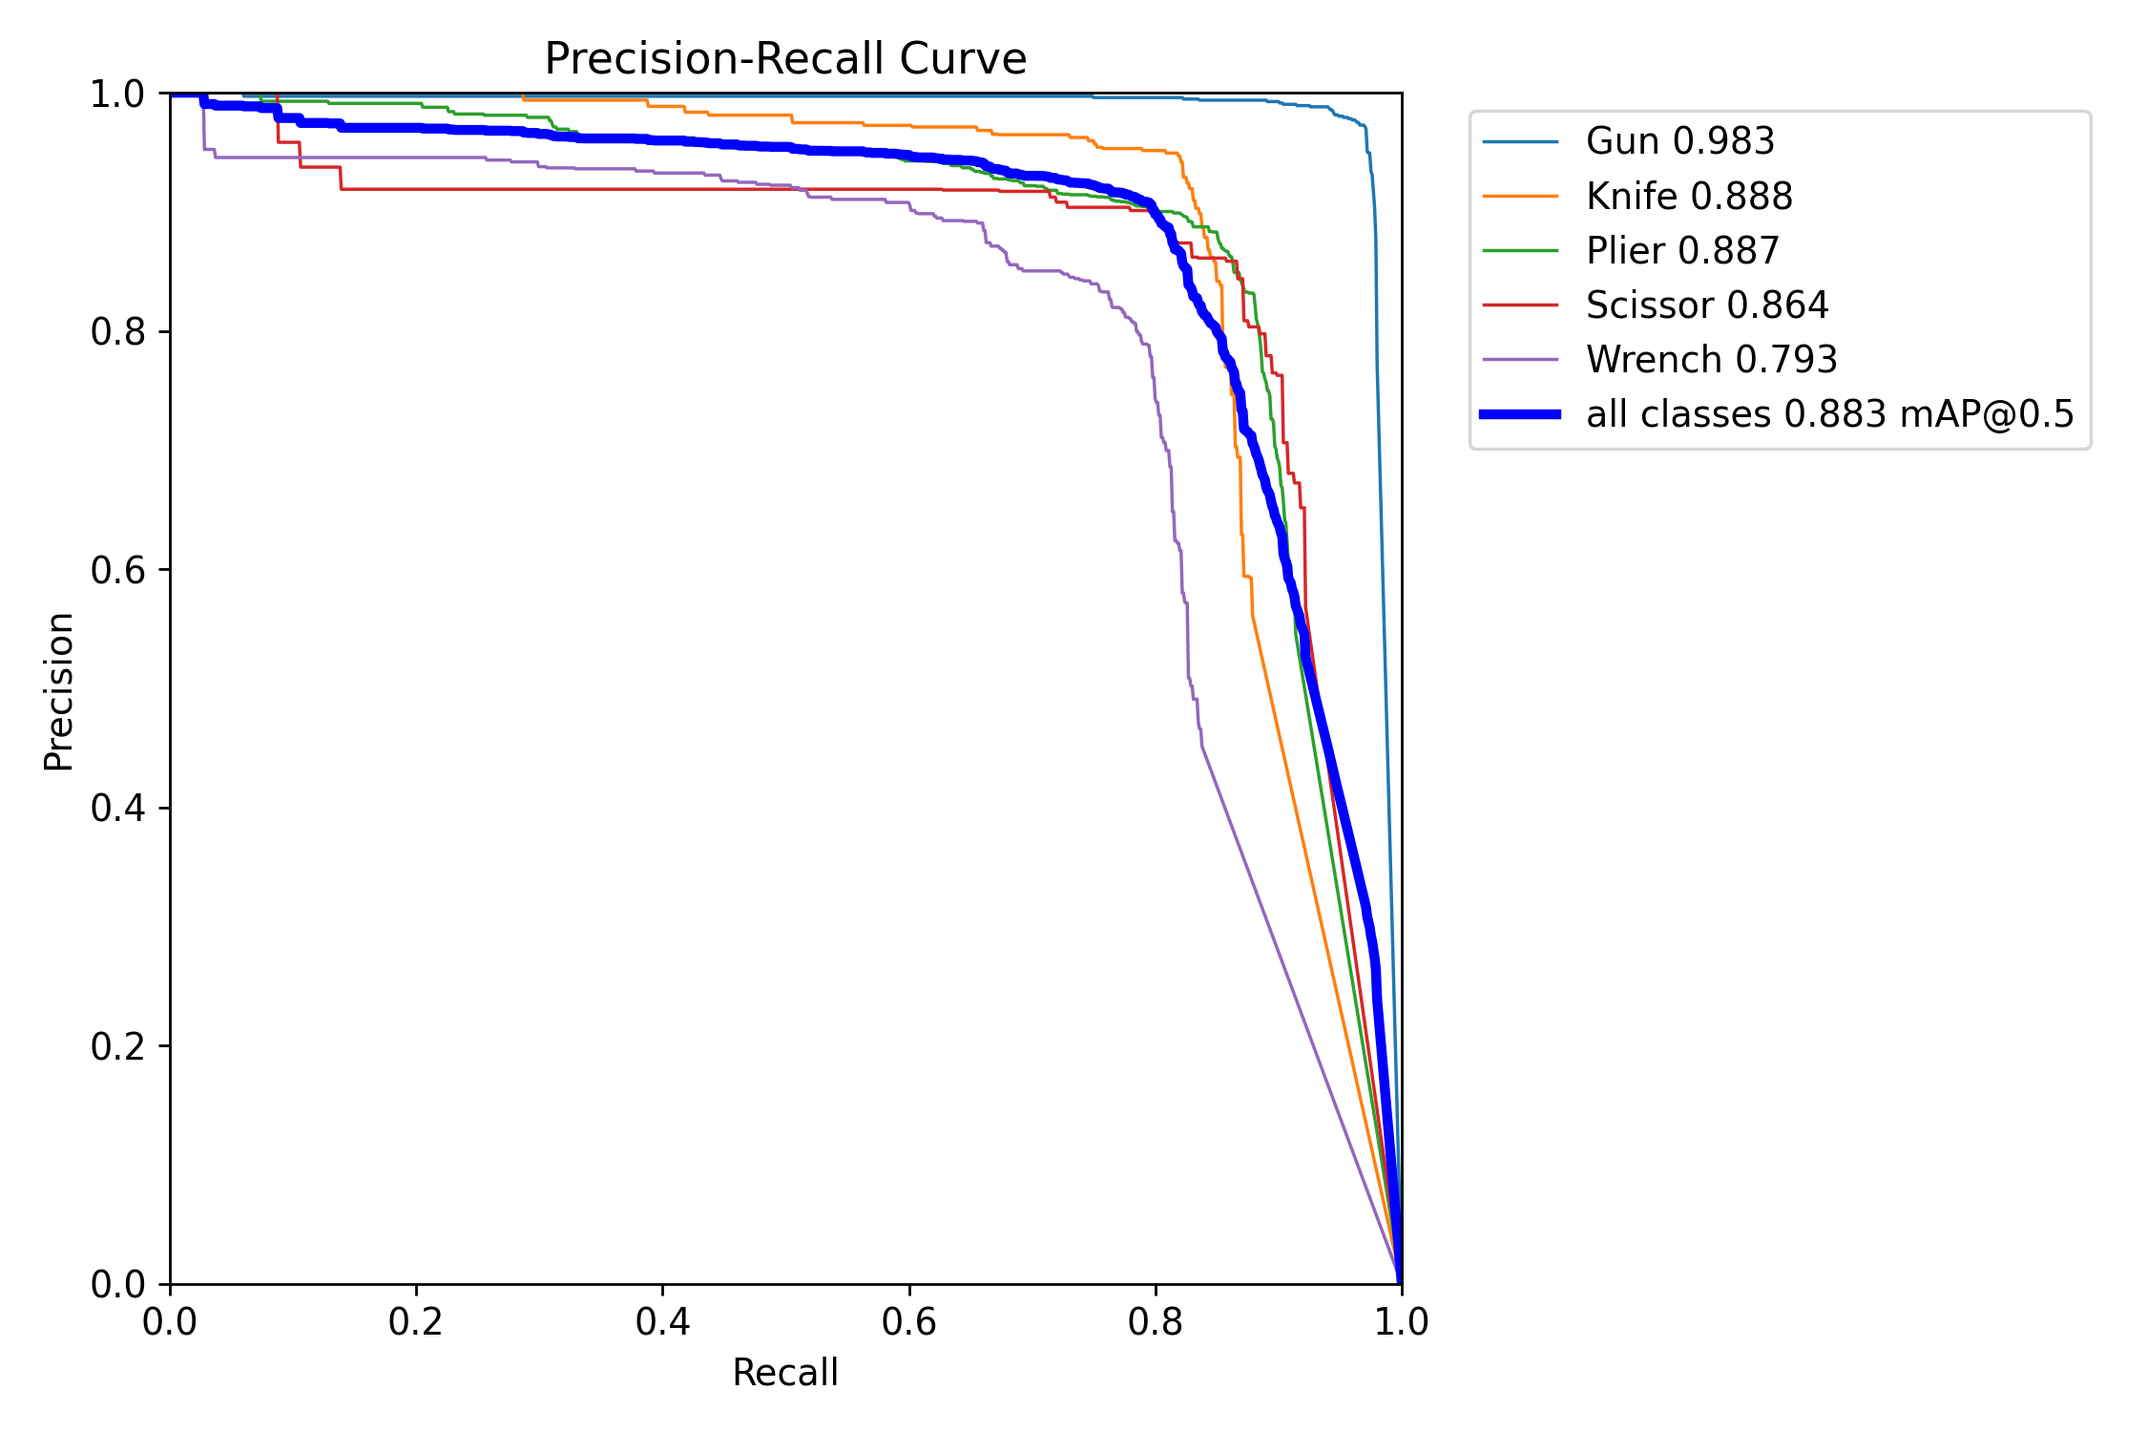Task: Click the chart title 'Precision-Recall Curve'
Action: coord(784,59)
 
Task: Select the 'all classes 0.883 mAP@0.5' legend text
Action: coord(1829,414)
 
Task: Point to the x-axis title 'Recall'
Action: coord(784,1373)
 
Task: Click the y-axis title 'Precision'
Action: coord(59,691)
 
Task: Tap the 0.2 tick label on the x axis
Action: coord(416,1322)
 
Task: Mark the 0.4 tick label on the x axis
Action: coord(662,1322)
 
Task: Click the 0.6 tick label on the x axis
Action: coord(908,1322)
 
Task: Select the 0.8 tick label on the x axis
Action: coord(1155,1322)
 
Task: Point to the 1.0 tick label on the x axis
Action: coord(1401,1322)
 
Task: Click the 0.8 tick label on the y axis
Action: coord(117,332)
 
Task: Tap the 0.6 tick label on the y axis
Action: coord(117,570)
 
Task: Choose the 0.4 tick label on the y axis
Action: coord(117,809)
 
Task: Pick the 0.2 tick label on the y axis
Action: coord(117,1046)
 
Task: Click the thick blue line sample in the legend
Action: coord(1520,414)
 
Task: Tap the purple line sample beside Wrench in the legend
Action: coord(1520,360)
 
